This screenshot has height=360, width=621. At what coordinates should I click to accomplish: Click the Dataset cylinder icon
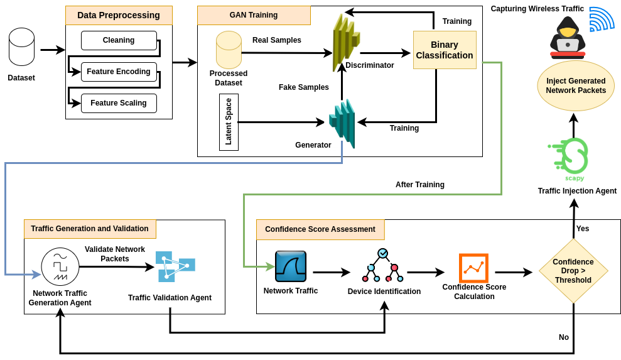click(x=21, y=46)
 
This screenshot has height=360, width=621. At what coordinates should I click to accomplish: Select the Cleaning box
click(x=119, y=40)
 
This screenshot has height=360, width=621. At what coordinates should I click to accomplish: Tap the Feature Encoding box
click(x=119, y=72)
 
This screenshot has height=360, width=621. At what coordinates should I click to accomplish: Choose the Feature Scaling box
click(x=119, y=103)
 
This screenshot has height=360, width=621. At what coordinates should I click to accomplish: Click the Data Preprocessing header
click(x=119, y=15)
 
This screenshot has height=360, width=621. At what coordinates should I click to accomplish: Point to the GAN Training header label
click(x=254, y=15)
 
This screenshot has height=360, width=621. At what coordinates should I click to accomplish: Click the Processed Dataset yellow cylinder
click(x=229, y=50)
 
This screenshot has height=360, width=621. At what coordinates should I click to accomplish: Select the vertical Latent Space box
click(x=229, y=122)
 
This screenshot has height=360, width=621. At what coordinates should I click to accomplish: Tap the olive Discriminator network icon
click(x=345, y=42)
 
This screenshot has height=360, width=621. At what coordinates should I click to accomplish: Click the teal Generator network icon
click(x=343, y=123)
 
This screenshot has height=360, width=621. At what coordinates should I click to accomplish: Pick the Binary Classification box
click(x=445, y=50)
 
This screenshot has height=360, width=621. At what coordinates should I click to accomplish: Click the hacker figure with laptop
click(x=568, y=36)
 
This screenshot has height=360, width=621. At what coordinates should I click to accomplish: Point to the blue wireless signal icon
click(x=601, y=19)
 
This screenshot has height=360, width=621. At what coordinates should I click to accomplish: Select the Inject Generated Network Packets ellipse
click(x=576, y=85)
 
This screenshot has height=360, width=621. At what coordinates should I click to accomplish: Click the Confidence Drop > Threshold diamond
click(x=573, y=271)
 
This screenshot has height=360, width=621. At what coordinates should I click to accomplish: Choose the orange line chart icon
click(x=473, y=268)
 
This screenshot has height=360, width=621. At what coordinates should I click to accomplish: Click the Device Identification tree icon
click(x=383, y=265)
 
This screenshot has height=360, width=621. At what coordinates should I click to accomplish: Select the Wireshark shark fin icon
click(x=291, y=266)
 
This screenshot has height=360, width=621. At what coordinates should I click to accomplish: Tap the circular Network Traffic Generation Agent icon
click(x=60, y=266)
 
